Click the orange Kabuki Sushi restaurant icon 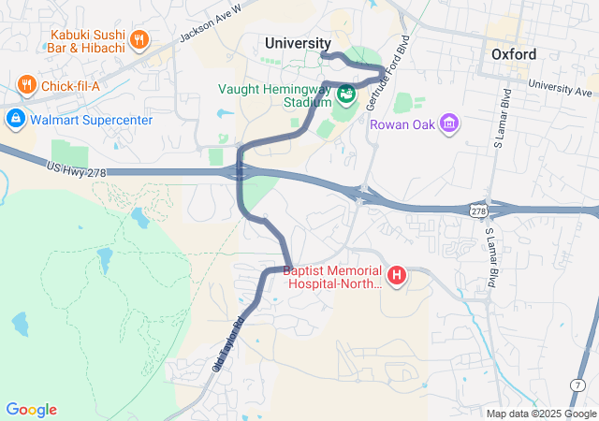(x=139, y=39)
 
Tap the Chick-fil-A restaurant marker (x=26, y=86)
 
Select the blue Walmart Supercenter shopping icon (x=15, y=118)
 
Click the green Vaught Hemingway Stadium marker (x=346, y=93)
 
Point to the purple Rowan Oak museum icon (x=449, y=123)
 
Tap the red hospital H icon (x=397, y=275)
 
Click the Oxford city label (x=514, y=54)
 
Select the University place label (x=298, y=43)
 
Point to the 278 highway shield (x=479, y=212)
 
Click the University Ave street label (x=560, y=87)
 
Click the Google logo (x=31, y=410)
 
